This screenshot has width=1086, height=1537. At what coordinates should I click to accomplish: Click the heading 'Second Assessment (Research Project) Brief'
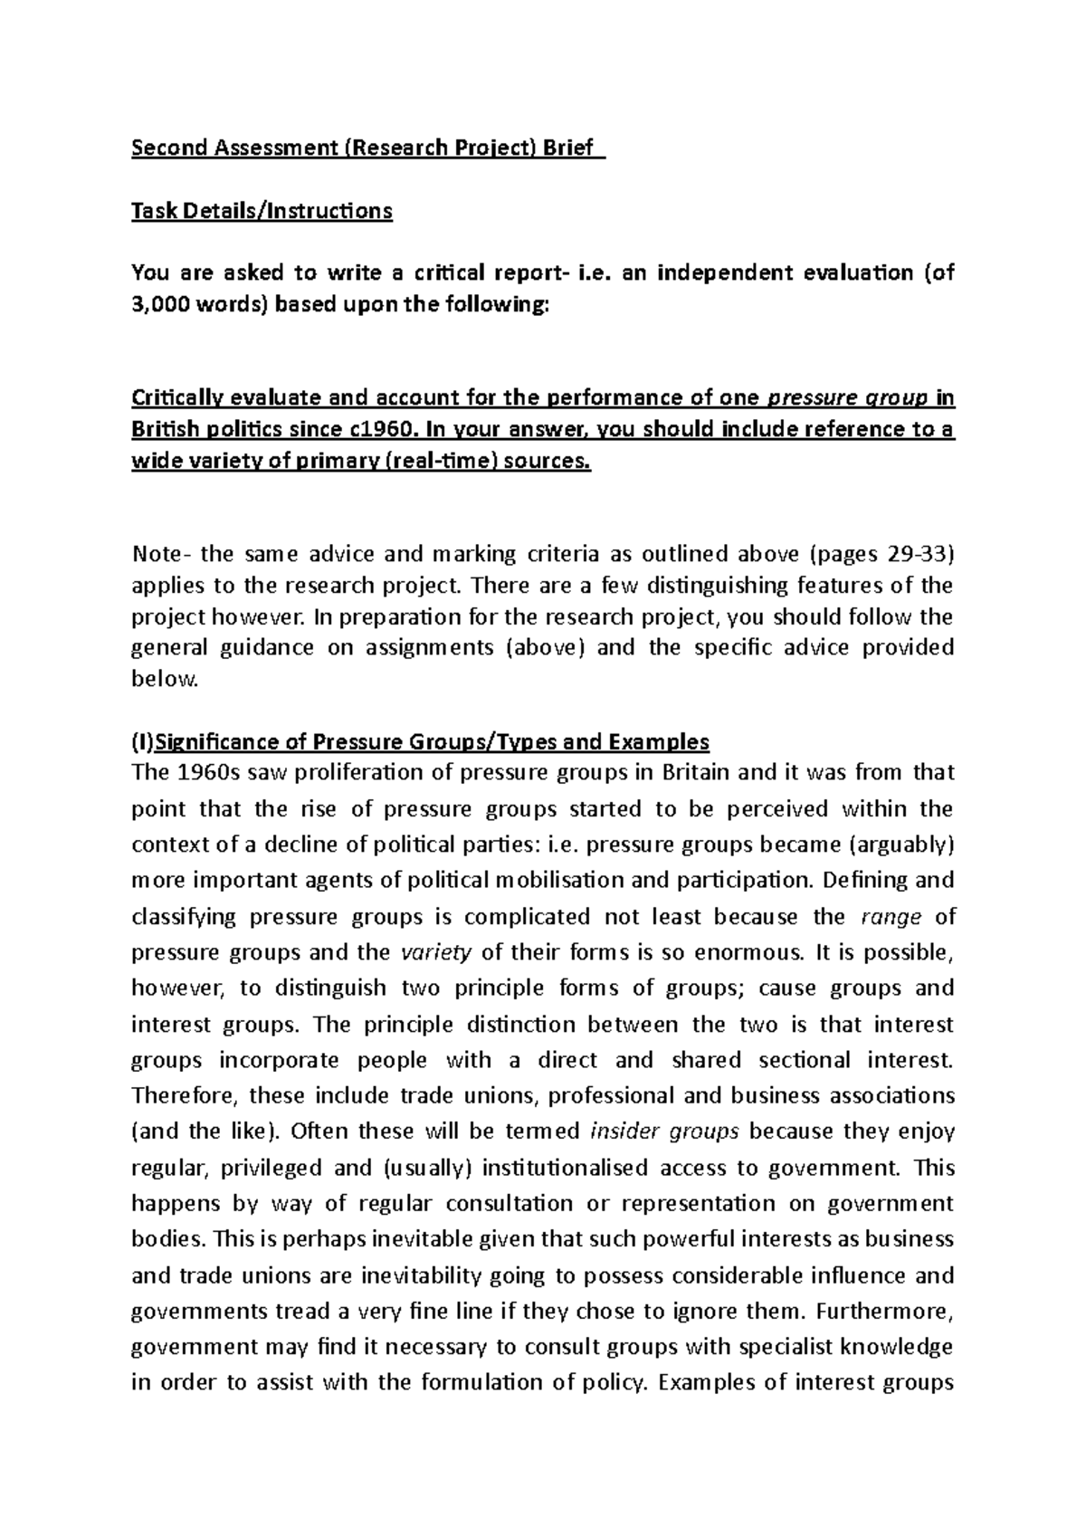click(x=367, y=148)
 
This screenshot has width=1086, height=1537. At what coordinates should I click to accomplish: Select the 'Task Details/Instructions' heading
click(x=262, y=211)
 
